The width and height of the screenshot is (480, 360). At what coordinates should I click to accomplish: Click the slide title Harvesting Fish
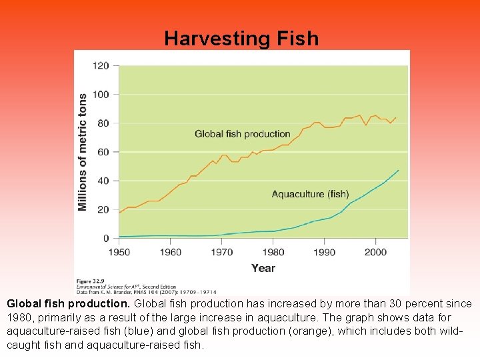click(x=241, y=39)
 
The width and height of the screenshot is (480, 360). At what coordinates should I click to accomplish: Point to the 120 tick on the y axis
click(x=101, y=65)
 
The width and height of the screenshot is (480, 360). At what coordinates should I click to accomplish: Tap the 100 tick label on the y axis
click(x=101, y=94)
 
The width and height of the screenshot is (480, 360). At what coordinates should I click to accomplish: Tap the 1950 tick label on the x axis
click(x=120, y=252)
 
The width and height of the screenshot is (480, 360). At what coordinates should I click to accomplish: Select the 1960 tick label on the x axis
click(x=171, y=252)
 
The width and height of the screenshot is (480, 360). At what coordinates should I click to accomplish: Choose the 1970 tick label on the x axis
click(x=222, y=252)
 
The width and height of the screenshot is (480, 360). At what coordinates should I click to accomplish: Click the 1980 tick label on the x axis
click(x=273, y=252)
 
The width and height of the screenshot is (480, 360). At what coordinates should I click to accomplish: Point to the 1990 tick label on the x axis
click(x=324, y=252)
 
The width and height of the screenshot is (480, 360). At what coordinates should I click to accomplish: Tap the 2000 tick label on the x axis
click(x=375, y=252)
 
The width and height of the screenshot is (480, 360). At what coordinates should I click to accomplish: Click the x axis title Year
click(x=263, y=268)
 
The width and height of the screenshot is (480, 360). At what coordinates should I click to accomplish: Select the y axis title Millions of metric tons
click(x=83, y=153)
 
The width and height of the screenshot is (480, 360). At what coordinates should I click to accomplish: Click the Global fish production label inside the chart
click(x=243, y=134)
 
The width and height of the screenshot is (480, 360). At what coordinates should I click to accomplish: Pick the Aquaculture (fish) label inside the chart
click(x=310, y=194)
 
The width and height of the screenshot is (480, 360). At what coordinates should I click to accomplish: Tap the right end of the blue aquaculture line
click(x=399, y=170)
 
